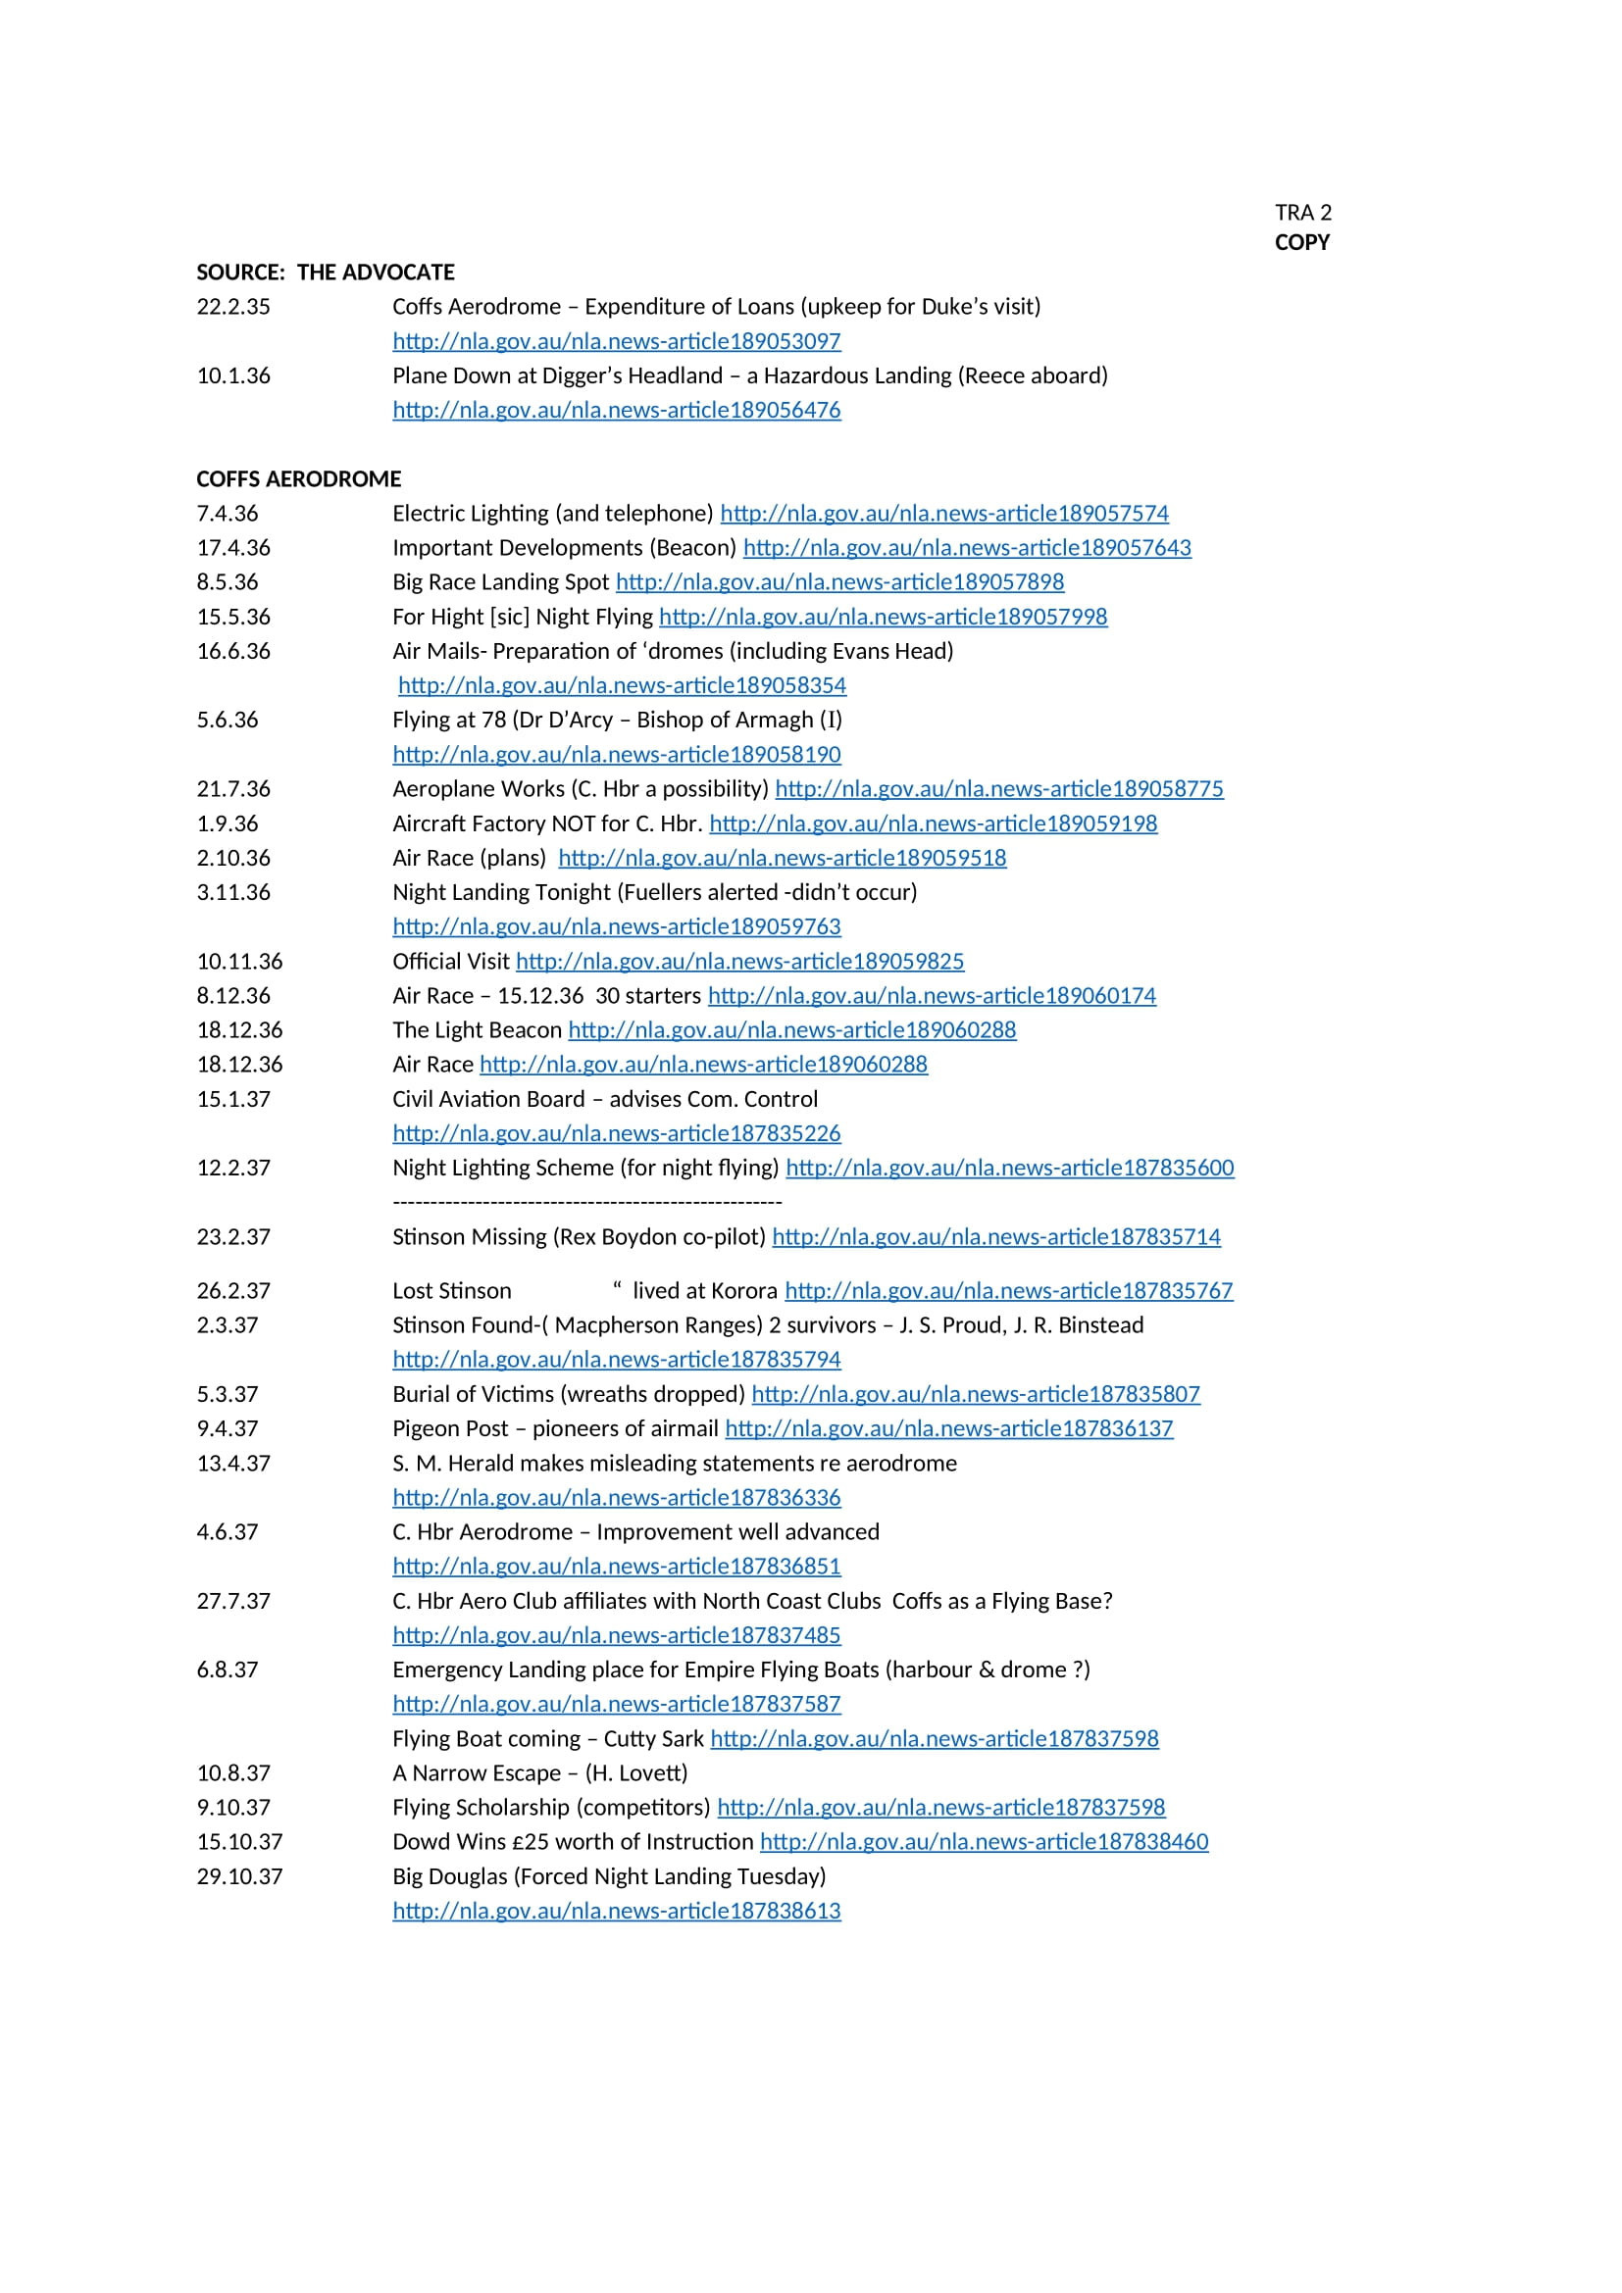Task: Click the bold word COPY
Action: pyautogui.click(x=1301, y=243)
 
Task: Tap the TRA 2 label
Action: pyautogui.click(x=1302, y=213)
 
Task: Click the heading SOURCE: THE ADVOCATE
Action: pyautogui.click(x=325, y=273)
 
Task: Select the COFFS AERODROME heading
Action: pyautogui.click(x=299, y=479)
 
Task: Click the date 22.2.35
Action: pyautogui.click(x=232, y=307)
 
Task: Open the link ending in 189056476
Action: pyautogui.click(x=616, y=411)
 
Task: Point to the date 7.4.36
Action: pyautogui.click(x=227, y=514)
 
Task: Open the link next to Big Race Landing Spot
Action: pyautogui.click(x=839, y=582)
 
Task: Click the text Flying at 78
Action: pyautogui.click(x=450, y=721)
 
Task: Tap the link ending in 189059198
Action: pyautogui.click(x=933, y=823)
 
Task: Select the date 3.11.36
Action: pyautogui.click(x=232, y=893)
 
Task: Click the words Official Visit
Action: pyautogui.click(x=450, y=962)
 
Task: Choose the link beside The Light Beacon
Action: pyautogui.click(x=792, y=1030)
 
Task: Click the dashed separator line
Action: pyautogui.click(x=587, y=1202)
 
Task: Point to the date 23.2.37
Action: pyautogui.click(x=232, y=1237)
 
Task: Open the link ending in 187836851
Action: pyautogui.click(x=616, y=1567)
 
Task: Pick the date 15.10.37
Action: pyautogui.click(x=238, y=1843)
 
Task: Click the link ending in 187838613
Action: pyautogui.click(x=616, y=1912)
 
